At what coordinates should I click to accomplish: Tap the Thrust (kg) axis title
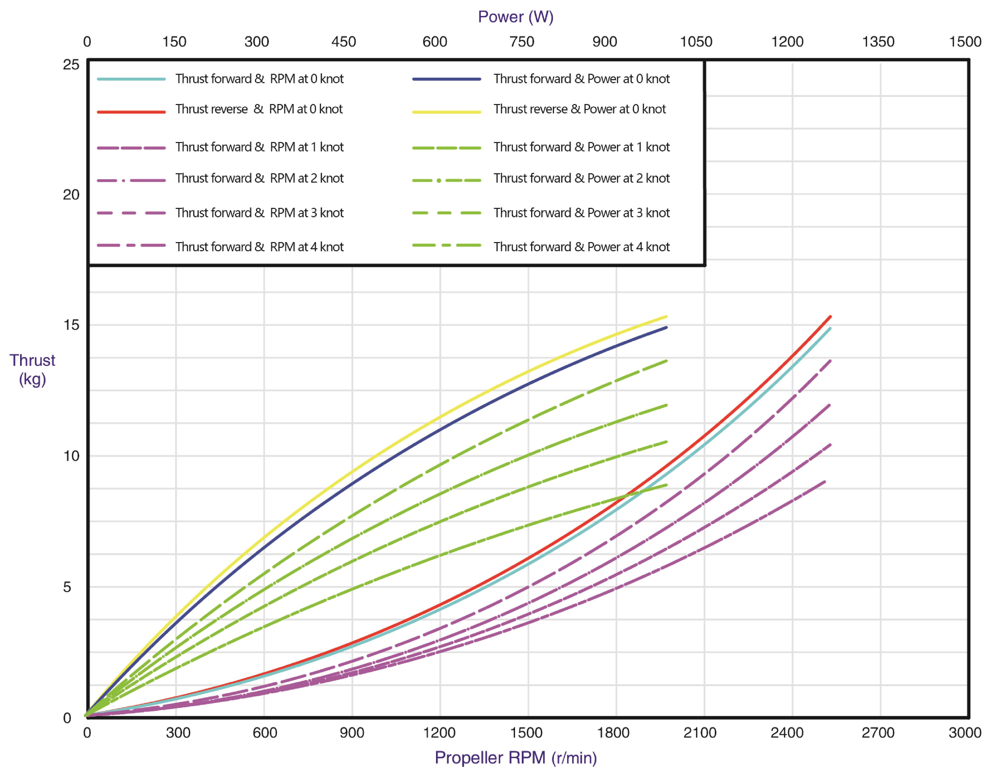coord(32,370)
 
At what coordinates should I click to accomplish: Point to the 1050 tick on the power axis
coord(696,42)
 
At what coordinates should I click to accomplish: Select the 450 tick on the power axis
coord(343,42)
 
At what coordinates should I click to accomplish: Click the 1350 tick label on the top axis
coord(878,42)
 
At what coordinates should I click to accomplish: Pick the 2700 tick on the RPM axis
coord(878,733)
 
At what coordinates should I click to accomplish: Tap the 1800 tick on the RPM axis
coord(613,733)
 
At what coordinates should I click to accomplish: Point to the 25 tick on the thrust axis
coord(71,65)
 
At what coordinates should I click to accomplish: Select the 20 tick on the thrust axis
coord(71,195)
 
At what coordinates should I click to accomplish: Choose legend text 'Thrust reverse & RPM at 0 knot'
coord(259,109)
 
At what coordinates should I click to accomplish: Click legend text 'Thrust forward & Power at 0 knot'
coord(581,79)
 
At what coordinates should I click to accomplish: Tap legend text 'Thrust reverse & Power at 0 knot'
coord(579,109)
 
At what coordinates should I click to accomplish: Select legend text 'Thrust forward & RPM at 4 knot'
coord(259,247)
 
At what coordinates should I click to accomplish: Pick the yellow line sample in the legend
coord(447,112)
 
